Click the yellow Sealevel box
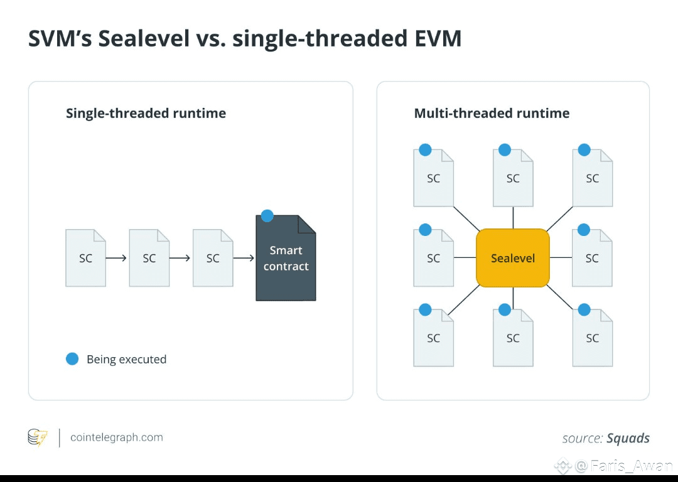pyautogui.click(x=513, y=258)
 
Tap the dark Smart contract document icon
pyautogui.click(x=286, y=258)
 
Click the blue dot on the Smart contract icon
pyautogui.click(x=267, y=216)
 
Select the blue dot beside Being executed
pyautogui.click(x=72, y=359)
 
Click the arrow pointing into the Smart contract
pyautogui.click(x=244, y=258)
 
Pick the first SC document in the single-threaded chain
pyautogui.click(x=85, y=258)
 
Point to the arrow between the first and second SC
pyautogui.click(x=116, y=258)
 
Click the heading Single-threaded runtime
pyautogui.click(x=146, y=113)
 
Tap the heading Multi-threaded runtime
pyautogui.click(x=492, y=113)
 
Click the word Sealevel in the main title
pyautogui.click(x=144, y=38)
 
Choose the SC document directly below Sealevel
pyautogui.click(x=513, y=338)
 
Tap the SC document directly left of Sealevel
pyautogui.click(x=433, y=258)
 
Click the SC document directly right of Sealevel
pyautogui.click(x=592, y=258)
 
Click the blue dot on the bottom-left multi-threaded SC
pyautogui.click(x=425, y=309)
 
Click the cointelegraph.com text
pyautogui.click(x=117, y=437)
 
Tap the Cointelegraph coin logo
pyautogui.click(x=38, y=437)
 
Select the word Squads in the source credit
pyautogui.click(x=628, y=438)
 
